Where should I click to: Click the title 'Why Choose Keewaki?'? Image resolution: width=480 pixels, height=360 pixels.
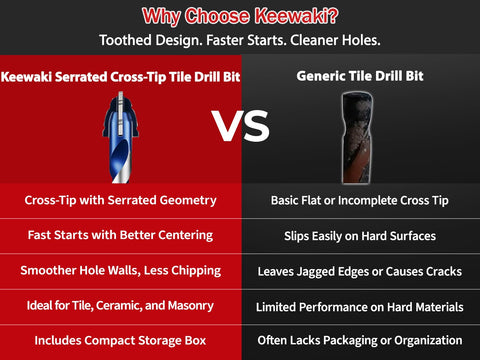[x=240, y=15]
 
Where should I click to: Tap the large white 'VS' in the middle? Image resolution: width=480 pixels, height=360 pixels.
[x=241, y=126]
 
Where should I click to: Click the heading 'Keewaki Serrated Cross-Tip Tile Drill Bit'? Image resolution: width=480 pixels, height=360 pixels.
[x=120, y=76]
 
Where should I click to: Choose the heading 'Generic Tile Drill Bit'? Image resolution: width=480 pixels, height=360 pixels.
[x=358, y=76]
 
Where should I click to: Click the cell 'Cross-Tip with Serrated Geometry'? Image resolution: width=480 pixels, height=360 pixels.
[x=120, y=200]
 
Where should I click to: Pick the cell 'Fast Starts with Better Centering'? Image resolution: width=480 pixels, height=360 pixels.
[x=120, y=235]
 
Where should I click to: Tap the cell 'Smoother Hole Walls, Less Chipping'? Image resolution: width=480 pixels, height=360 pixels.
[x=120, y=270]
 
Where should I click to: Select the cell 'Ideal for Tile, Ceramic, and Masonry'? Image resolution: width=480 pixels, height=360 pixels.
[x=120, y=305]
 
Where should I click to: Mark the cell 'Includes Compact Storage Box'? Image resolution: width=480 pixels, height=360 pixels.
[x=120, y=340]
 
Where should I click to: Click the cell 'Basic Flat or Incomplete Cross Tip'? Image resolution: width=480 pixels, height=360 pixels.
[x=358, y=200]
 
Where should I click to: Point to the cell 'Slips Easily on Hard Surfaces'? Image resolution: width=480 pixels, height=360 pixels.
[x=358, y=235]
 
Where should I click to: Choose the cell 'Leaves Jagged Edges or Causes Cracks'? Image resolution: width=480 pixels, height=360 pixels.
[x=358, y=270]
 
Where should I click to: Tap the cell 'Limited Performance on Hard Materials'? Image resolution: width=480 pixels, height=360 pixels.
[x=358, y=305]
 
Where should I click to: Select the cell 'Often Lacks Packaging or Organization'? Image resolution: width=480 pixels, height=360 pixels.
[x=358, y=340]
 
